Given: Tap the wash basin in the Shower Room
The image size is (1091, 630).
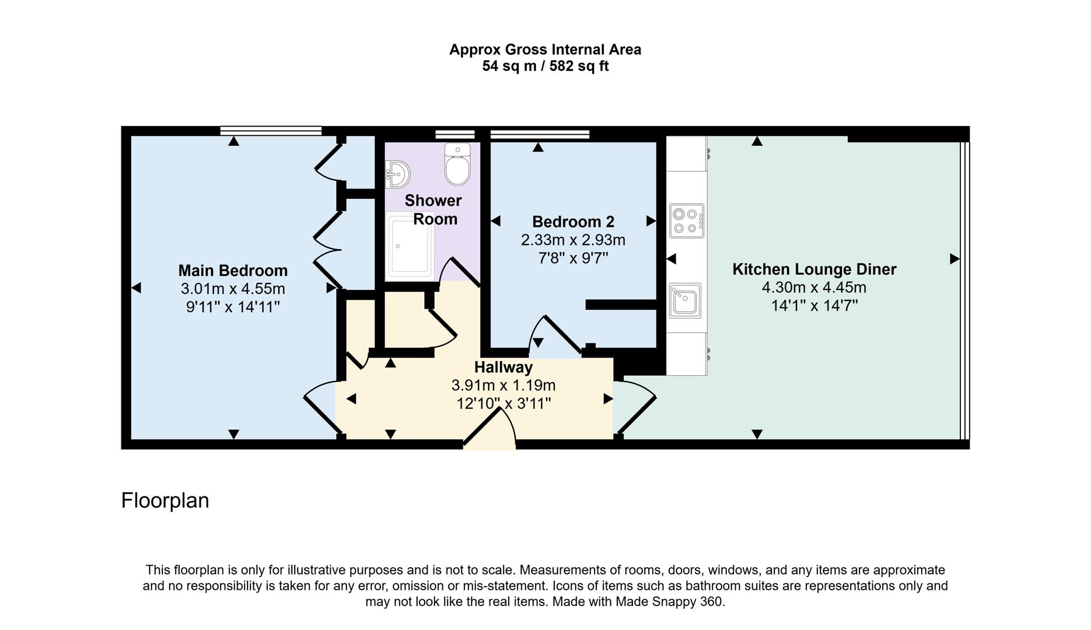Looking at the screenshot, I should pos(398,173).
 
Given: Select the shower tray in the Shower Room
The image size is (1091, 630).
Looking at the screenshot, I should pos(410,245).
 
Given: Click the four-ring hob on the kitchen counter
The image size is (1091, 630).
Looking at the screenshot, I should pos(686,220).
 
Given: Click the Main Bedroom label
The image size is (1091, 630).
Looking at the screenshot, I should pos(233,271).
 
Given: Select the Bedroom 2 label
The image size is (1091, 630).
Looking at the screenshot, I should pos(573,222).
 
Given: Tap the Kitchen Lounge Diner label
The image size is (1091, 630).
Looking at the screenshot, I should pos(814,269).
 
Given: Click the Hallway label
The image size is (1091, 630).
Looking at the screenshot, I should pos(503,367).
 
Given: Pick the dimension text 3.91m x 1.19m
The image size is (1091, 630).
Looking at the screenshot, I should pos(503,386).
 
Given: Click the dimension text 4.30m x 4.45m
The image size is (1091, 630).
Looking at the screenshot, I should pos(814,288).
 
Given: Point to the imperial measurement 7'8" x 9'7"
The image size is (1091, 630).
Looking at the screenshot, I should pos(573,258).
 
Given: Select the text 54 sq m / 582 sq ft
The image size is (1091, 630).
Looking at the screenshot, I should pos(545,66).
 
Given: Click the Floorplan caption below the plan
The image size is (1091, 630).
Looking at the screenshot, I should pos(165,501).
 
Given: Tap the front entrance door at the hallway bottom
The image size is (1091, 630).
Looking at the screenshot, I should pos(490,435).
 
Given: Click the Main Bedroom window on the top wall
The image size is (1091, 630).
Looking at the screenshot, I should pos(271,131).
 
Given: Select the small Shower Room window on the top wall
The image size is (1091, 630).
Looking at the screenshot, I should pos(455,134).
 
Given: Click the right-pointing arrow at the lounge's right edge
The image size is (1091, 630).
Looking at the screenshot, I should pos(954,258).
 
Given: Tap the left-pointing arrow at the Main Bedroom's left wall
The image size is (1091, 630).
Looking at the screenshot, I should pos(136,288).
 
